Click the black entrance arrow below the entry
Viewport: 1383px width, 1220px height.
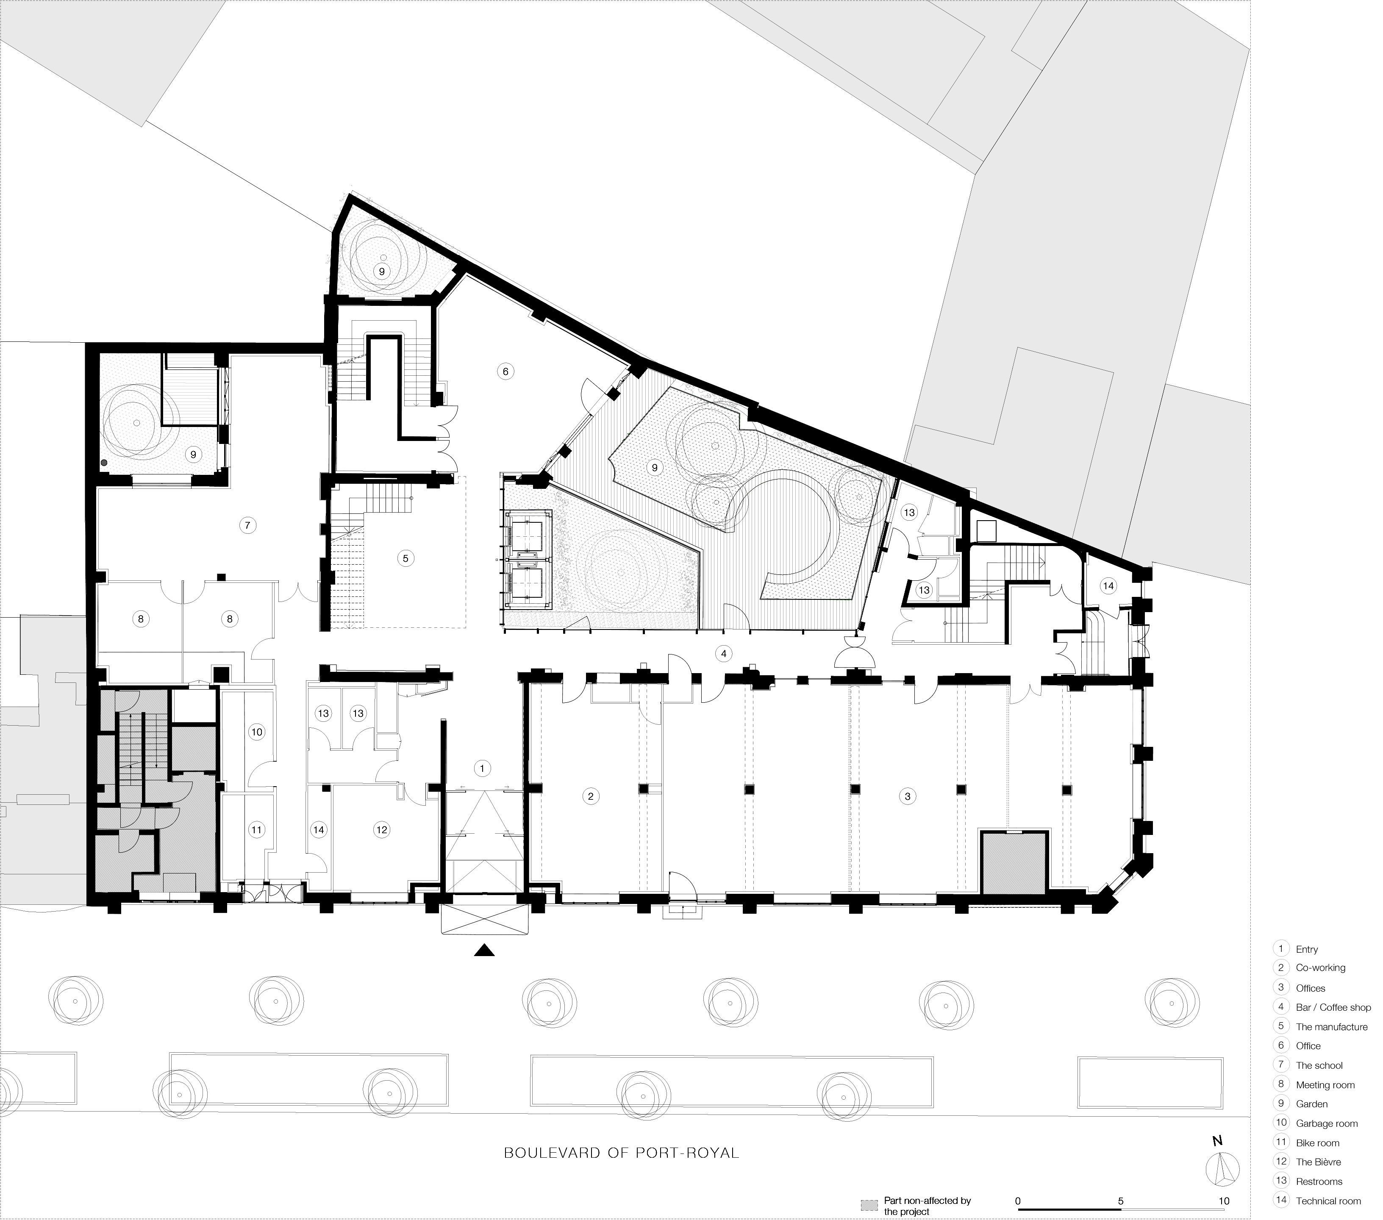[484, 951]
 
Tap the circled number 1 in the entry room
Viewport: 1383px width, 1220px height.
[482, 768]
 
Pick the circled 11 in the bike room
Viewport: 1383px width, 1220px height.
[256, 830]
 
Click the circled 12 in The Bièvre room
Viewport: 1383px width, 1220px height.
[382, 830]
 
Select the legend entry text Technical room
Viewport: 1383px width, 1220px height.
[1327, 1201]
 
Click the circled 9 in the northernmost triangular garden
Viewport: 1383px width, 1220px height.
[382, 271]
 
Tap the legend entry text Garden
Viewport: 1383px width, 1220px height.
[1311, 1104]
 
